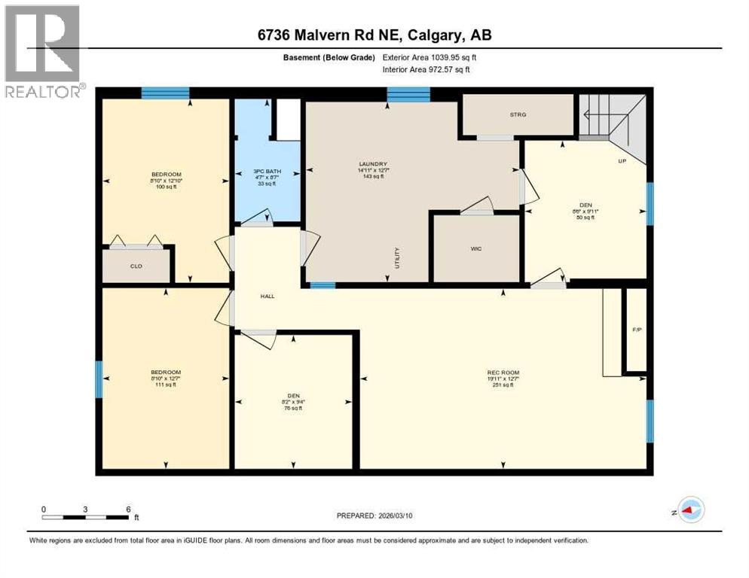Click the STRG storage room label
[x=517, y=114]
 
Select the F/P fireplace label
[x=636, y=330]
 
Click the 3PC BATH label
[x=267, y=172]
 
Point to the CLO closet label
[x=136, y=266]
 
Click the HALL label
[x=267, y=296]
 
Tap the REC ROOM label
[x=503, y=373]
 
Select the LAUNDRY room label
[x=373, y=164]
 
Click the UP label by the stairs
[x=622, y=161]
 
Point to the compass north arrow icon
[x=690, y=510]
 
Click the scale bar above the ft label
[x=85, y=517]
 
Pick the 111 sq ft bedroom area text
[x=165, y=385]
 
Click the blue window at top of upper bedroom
[x=165, y=93]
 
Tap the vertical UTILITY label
[x=396, y=258]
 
